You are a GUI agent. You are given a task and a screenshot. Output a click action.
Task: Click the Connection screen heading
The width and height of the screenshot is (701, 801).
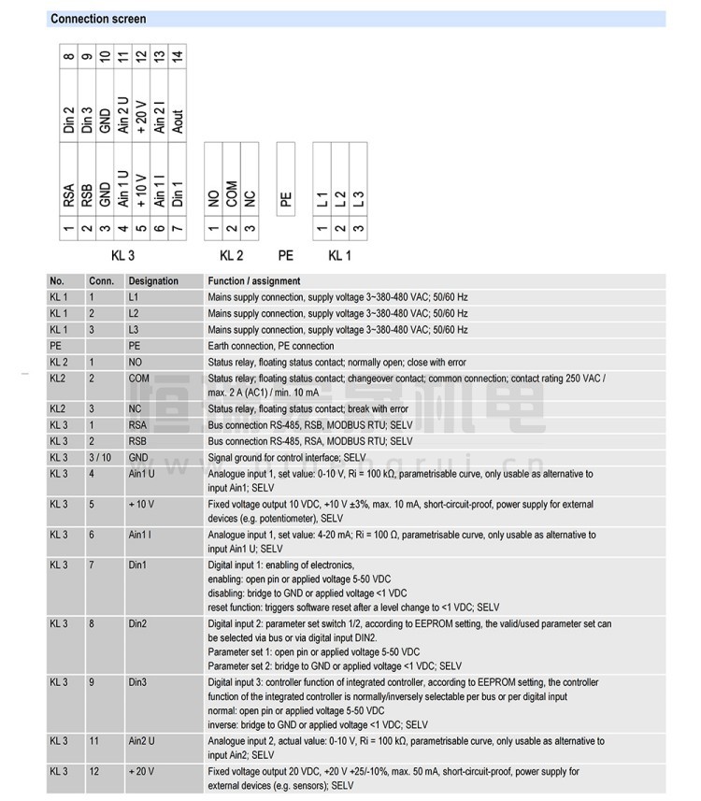click(x=98, y=19)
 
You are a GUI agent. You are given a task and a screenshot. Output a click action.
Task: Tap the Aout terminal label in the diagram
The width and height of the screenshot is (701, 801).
click(x=178, y=120)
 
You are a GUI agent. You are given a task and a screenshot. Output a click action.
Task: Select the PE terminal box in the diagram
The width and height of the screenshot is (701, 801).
click(x=286, y=198)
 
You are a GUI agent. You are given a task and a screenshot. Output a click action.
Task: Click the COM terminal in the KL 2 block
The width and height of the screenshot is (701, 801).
click(x=231, y=193)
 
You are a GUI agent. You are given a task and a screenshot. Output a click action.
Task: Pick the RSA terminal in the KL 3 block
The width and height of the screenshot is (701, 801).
click(x=69, y=194)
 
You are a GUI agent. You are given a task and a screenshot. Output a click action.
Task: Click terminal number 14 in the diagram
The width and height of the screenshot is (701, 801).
click(x=178, y=55)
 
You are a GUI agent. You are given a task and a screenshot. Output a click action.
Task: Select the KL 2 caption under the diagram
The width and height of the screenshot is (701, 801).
click(x=231, y=254)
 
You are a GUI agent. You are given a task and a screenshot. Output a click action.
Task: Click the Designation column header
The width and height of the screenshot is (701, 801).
click(x=153, y=280)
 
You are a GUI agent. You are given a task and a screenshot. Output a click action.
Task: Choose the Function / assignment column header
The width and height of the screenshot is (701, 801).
click(x=254, y=280)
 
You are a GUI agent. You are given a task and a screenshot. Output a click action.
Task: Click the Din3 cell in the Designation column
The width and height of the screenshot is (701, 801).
click(x=138, y=682)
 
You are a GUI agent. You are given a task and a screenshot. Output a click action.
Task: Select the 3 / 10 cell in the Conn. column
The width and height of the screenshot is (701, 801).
click(x=99, y=458)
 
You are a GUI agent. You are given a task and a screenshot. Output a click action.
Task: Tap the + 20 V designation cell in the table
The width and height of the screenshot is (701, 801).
click(x=142, y=771)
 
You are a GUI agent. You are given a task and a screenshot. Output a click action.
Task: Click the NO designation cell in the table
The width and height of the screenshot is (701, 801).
click(x=135, y=361)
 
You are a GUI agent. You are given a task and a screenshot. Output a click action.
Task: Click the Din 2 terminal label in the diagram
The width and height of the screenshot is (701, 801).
click(x=69, y=119)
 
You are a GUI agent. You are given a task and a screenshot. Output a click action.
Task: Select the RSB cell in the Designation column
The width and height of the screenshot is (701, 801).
click(x=138, y=440)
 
